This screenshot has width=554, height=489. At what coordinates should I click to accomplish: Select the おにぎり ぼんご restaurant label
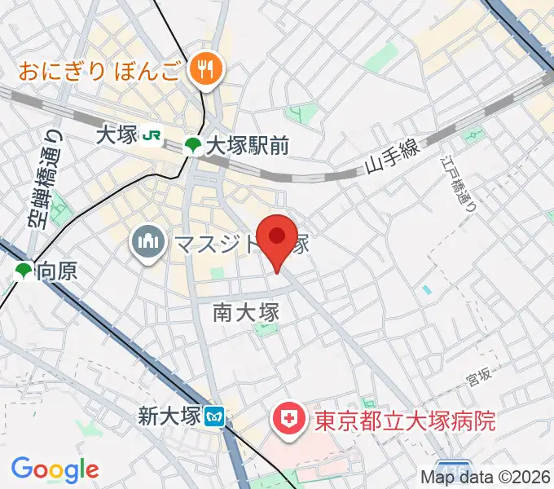pyautogui.click(x=100, y=69)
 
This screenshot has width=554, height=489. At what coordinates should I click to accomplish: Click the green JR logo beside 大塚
pyautogui.click(x=152, y=135)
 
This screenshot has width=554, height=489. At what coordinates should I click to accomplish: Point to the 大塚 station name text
pyautogui.click(x=116, y=135)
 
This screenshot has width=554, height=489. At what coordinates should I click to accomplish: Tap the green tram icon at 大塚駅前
pyautogui.click(x=193, y=147)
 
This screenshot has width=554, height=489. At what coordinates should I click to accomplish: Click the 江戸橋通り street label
pyautogui.click(x=462, y=184)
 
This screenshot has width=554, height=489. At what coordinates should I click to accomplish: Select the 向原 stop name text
pyautogui.click(x=58, y=271)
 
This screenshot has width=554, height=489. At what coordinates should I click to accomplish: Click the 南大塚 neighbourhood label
pyautogui.click(x=246, y=312)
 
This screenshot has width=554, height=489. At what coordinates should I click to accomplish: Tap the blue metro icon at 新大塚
pyautogui.click(x=216, y=418)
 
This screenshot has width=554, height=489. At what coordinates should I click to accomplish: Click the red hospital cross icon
pyautogui.click(x=289, y=421)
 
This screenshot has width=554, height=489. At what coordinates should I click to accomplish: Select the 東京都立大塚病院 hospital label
pyautogui.click(x=405, y=421)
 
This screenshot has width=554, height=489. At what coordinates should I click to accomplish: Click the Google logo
pyautogui.click(x=55, y=469)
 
